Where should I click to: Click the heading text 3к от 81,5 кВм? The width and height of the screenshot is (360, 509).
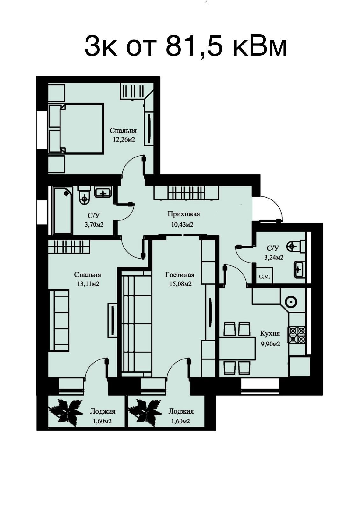click(186, 47)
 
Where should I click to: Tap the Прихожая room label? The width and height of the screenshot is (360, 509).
click(184, 214)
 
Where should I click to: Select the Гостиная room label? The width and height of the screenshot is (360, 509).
click(180, 275)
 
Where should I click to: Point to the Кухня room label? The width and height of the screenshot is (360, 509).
click(270, 334)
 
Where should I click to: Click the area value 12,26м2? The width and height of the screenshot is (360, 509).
click(124, 139)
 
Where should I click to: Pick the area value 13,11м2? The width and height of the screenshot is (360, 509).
click(88, 284)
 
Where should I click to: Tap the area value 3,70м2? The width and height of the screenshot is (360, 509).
click(94, 225)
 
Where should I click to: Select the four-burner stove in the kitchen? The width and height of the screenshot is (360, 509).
click(297, 335)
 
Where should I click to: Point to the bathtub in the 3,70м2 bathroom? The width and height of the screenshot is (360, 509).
click(63, 210)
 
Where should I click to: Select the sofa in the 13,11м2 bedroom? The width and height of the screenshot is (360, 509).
click(59, 321)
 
